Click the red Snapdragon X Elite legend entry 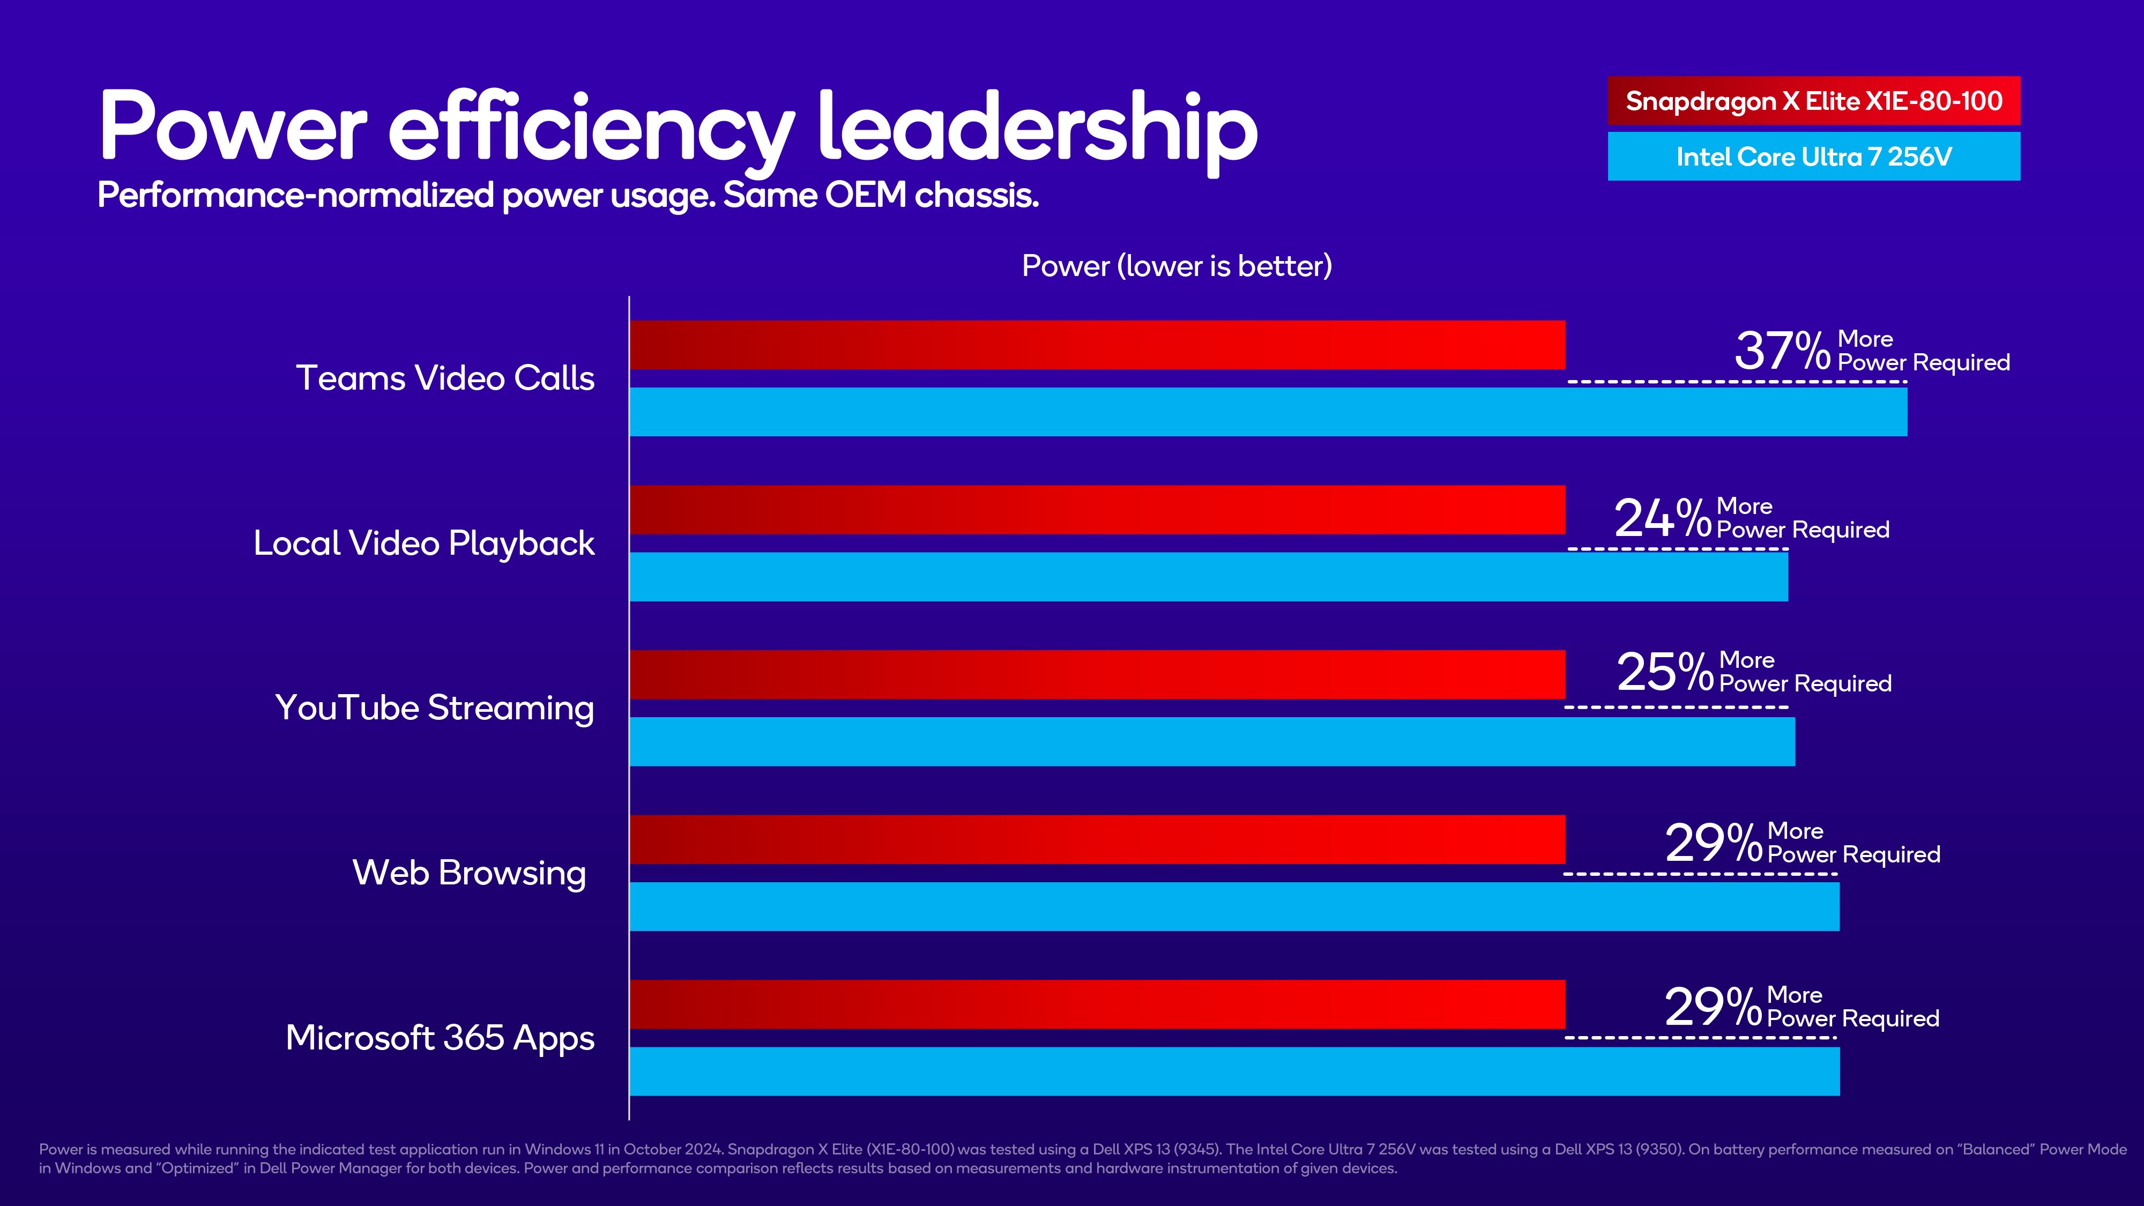coord(1814,101)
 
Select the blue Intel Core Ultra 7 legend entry coord(1814,157)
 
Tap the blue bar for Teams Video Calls coord(1268,412)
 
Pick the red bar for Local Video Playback coord(1097,509)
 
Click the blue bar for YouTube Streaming coord(1212,742)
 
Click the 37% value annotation coord(1781,351)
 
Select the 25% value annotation coord(1665,672)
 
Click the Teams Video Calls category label coord(445,378)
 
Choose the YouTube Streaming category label coord(435,708)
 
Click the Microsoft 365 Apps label coord(440,1038)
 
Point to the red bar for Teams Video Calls coord(1097,345)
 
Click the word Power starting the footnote coord(61,1149)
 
